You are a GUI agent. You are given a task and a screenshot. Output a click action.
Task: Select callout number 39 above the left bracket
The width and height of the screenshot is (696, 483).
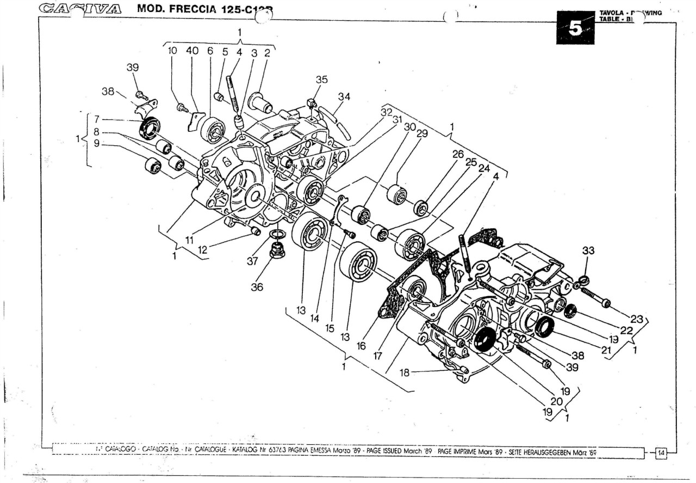[133, 68]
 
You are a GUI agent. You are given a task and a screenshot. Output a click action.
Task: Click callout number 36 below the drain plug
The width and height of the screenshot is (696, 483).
[257, 286]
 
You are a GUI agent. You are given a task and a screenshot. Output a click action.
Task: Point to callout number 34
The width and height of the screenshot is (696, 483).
[344, 97]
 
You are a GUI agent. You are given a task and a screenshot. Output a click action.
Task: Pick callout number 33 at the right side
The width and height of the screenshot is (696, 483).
[588, 251]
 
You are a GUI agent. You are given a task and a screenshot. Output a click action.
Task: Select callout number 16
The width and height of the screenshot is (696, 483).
[362, 346]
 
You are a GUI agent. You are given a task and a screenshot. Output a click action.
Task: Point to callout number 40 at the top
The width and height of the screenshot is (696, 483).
[192, 51]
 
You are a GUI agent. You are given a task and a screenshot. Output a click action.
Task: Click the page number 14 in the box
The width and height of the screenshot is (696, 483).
[662, 451]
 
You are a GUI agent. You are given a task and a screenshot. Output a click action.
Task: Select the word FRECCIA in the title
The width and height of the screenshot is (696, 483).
[183, 9]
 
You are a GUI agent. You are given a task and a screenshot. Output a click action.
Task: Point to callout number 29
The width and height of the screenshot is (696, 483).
[422, 133]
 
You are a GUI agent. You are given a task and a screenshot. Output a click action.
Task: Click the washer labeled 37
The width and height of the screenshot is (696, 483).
[277, 235]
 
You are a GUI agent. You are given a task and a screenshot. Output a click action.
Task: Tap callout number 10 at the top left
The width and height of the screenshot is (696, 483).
[172, 51]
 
